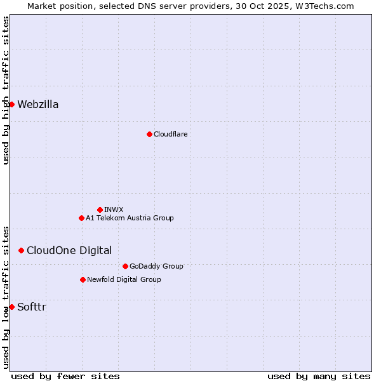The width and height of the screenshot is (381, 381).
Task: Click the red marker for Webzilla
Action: click(x=11, y=104)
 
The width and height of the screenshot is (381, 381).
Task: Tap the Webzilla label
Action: click(x=38, y=105)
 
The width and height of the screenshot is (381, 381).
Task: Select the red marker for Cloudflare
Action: click(x=149, y=134)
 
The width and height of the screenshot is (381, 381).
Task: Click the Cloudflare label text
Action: click(x=170, y=134)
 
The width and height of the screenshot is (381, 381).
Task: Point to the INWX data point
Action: click(x=100, y=210)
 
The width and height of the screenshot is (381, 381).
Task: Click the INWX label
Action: click(x=114, y=210)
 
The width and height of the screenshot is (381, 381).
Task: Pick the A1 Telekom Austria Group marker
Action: click(x=81, y=218)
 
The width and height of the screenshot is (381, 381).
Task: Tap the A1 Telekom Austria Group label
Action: click(x=130, y=218)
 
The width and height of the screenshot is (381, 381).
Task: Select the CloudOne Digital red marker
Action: click(x=21, y=250)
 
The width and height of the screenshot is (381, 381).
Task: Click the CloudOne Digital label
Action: click(x=69, y=250)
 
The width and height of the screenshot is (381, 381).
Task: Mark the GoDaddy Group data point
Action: click(x=125, y=266)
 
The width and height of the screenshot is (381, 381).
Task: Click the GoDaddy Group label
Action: click(x=156, y=266)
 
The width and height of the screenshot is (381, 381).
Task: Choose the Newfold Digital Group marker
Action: click(x=83, y=279)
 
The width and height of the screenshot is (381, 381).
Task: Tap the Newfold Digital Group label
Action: click(x=124, y=279)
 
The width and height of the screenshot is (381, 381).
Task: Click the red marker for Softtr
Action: click(x=11, y=307)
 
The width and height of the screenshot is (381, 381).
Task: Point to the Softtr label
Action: click(x=32, y=307)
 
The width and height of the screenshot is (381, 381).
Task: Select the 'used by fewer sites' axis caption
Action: click(x=65, y=376)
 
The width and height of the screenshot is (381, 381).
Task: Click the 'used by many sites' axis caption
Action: click(x=319, y=376)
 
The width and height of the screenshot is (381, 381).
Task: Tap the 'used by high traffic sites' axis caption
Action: click(x=6, y=90)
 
